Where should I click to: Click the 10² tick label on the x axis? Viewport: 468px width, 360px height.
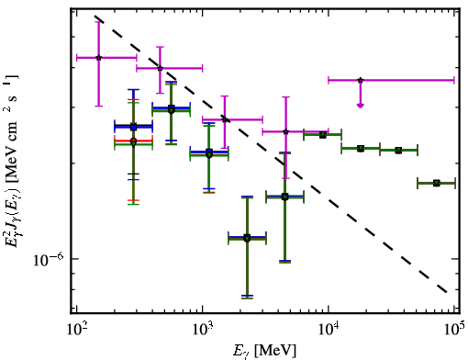(76, 330)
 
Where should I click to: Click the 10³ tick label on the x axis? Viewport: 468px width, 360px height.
(202, 330)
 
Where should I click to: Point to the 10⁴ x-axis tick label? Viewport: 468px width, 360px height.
(329, 330)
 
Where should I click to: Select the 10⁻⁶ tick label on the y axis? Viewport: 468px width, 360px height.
(49, 260)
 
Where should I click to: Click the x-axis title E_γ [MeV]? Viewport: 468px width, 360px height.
(264, 351)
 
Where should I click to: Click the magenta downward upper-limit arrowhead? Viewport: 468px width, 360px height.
(361, 106)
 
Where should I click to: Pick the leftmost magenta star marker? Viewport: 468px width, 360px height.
(99, 58)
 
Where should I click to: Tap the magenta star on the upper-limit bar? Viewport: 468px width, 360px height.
(361, 80)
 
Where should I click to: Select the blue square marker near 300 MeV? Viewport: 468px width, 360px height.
(133, 127)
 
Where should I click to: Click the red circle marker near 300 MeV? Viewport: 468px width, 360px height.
(133, 141)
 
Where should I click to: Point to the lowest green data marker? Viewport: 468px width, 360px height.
(247, 239)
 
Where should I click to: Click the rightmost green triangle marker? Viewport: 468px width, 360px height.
(437, 183)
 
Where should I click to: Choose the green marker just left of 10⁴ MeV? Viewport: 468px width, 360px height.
(322, 135)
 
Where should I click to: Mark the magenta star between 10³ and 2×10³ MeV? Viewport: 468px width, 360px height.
(225, 119)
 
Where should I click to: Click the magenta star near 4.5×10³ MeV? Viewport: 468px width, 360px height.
(285, 131)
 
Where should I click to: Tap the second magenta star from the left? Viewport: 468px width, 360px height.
(160, 68)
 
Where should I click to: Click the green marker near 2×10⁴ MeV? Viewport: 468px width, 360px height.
(361, 149)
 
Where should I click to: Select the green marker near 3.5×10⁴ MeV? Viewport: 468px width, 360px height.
(398, 151)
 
